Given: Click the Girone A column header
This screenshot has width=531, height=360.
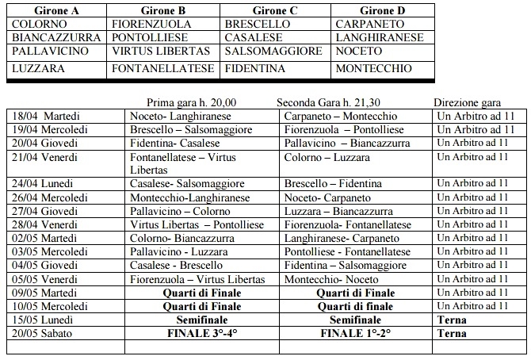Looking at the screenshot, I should (x=52, y=10).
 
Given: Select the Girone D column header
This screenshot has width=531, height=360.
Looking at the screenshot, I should (x=382, y=10).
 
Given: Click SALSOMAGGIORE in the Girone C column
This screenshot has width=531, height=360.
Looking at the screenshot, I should (x=273, y=51).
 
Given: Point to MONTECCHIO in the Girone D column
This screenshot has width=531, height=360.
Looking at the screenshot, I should (x=373, y=69).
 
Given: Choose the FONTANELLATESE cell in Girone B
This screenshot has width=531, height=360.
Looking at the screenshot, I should (x=163, y=69).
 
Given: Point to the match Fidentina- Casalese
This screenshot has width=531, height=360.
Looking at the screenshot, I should (x=171, y=143).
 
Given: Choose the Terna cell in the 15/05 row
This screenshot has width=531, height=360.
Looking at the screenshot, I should (x=451, y=320).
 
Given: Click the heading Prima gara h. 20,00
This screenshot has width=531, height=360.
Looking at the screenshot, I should (x=192, y=102).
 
